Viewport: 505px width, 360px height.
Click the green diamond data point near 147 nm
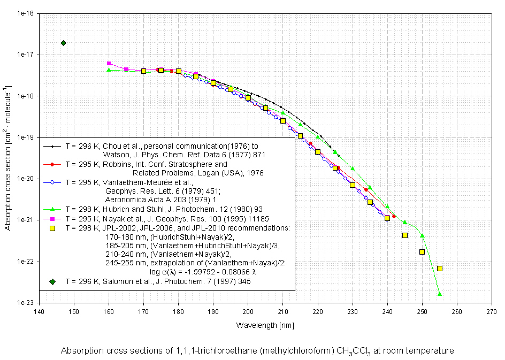tap(63, 43)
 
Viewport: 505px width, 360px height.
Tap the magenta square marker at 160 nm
tap(109, 64)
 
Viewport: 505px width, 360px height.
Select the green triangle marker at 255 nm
tap(440, 294)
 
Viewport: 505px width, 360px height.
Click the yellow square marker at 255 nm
tap(440, 269)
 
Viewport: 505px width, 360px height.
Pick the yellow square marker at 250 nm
tap(422, 252)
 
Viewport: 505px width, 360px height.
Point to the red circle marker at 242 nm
tap(394, 216)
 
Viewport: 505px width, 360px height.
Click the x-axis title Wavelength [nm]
tap(265, 325)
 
